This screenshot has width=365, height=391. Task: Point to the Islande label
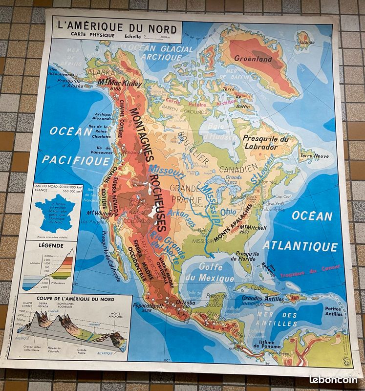pyautogui.click(x=307, y=42)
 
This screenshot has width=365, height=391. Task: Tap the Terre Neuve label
pyautogui.click(x=313, y=156)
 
